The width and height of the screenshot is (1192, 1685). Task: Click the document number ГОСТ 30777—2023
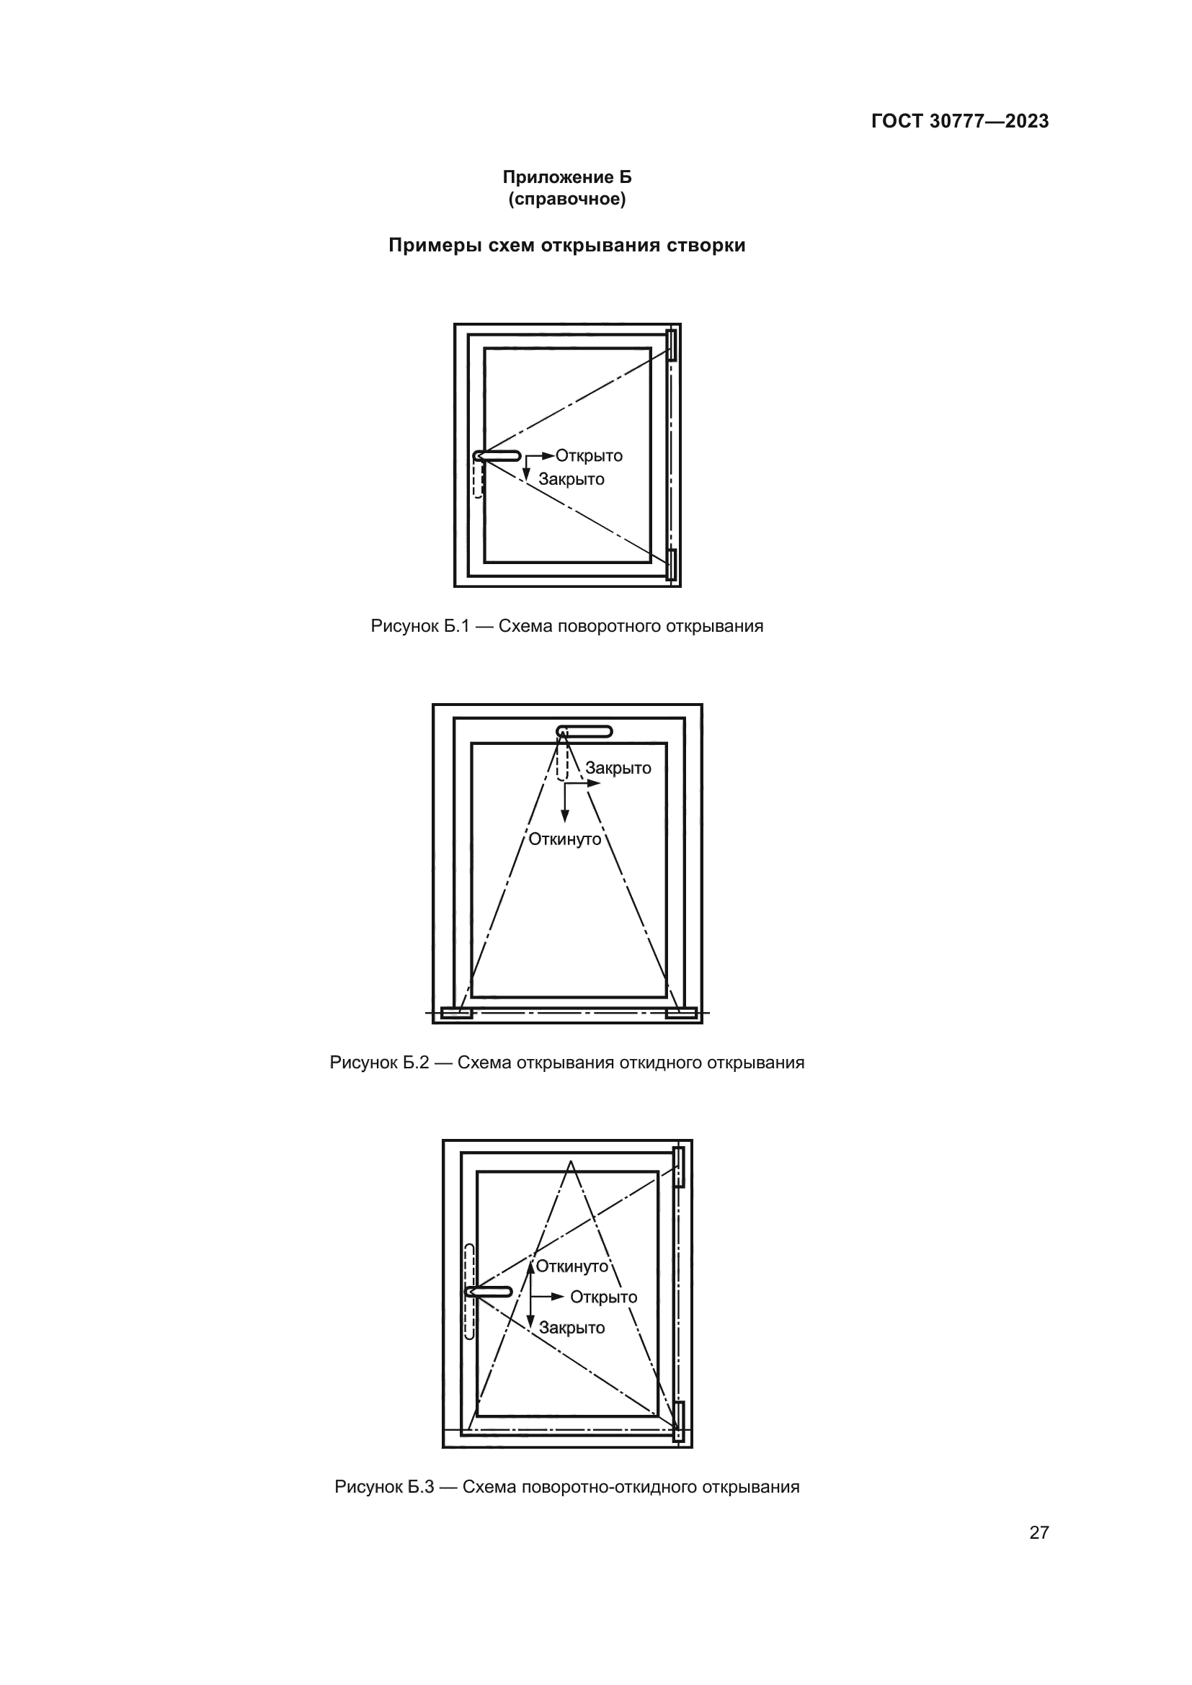pos(960,122)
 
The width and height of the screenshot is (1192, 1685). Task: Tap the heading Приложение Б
pos(566,178)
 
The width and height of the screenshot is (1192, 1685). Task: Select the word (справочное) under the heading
pos(566,200)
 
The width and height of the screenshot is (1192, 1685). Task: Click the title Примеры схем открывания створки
pos(566,245)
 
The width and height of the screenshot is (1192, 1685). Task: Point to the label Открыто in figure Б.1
pos(589,456)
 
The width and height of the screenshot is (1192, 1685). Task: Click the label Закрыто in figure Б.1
pos(571,479)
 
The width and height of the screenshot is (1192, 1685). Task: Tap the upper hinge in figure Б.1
pos(671,345)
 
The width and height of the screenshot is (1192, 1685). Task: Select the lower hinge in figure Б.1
pos(671,564)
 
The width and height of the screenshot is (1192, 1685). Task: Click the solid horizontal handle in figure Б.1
pos(497,456)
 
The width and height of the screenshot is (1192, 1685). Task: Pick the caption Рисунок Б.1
pos(566,626)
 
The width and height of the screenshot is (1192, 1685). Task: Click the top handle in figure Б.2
pos(584,731)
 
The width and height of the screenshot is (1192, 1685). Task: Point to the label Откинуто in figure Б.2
pos(565,839)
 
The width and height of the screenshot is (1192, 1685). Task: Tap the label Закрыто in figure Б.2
pos(618,769)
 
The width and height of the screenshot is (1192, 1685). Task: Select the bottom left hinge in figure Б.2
pos(456,1014)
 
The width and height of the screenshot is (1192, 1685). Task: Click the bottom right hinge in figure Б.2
pos(681,1014)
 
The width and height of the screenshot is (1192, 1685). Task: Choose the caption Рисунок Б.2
pos(566,1063)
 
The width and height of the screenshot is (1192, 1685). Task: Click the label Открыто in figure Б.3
pos(603,1297)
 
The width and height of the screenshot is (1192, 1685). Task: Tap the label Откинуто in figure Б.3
pos(571,1266)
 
